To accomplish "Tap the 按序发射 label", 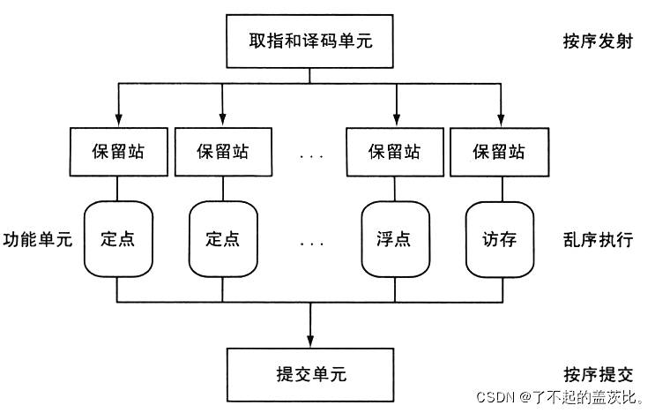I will tap(597, 42).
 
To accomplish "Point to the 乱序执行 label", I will tap(597, 240).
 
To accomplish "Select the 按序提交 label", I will tap(597, 374).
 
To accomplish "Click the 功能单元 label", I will tap(37, 240).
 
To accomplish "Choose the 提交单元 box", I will tap(309, 373).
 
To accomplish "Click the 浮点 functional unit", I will tap(396, 239).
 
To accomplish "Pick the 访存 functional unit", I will tap(500, 239).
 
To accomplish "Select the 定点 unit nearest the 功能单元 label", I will tap(117, 239).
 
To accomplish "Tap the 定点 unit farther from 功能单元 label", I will tap(222, 239).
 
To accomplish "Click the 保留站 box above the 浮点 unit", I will tap(396, 152).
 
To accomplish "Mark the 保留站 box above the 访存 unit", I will tap(500, 152).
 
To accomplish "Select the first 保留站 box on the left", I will tap(117, 152).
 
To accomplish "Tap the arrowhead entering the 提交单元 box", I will tap(309, 341).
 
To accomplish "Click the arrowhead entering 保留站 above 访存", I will tap(500, 122).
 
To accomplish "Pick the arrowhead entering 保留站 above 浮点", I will tap(396, 122).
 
